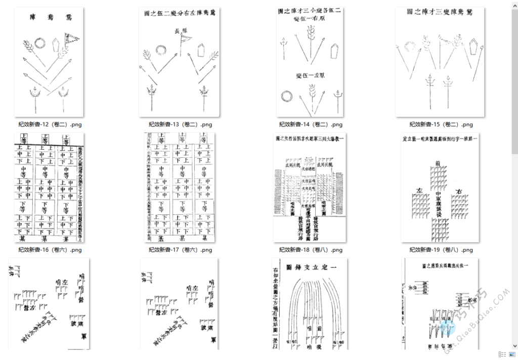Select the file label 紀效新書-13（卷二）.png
(x=180, y=124)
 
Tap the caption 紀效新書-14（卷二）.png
(x=311, y=124)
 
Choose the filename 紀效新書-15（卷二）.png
(x=441, y=124)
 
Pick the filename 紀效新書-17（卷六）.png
(x=180, y=250)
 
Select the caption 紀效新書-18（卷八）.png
(x=311, y=250)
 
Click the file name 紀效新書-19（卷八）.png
(x=441, y=250)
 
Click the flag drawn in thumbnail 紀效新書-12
(x=71, y=38)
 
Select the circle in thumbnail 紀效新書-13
(x=161, y=50)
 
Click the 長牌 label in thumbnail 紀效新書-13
(x=181, y=31)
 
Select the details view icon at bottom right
(x=501, y=354)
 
